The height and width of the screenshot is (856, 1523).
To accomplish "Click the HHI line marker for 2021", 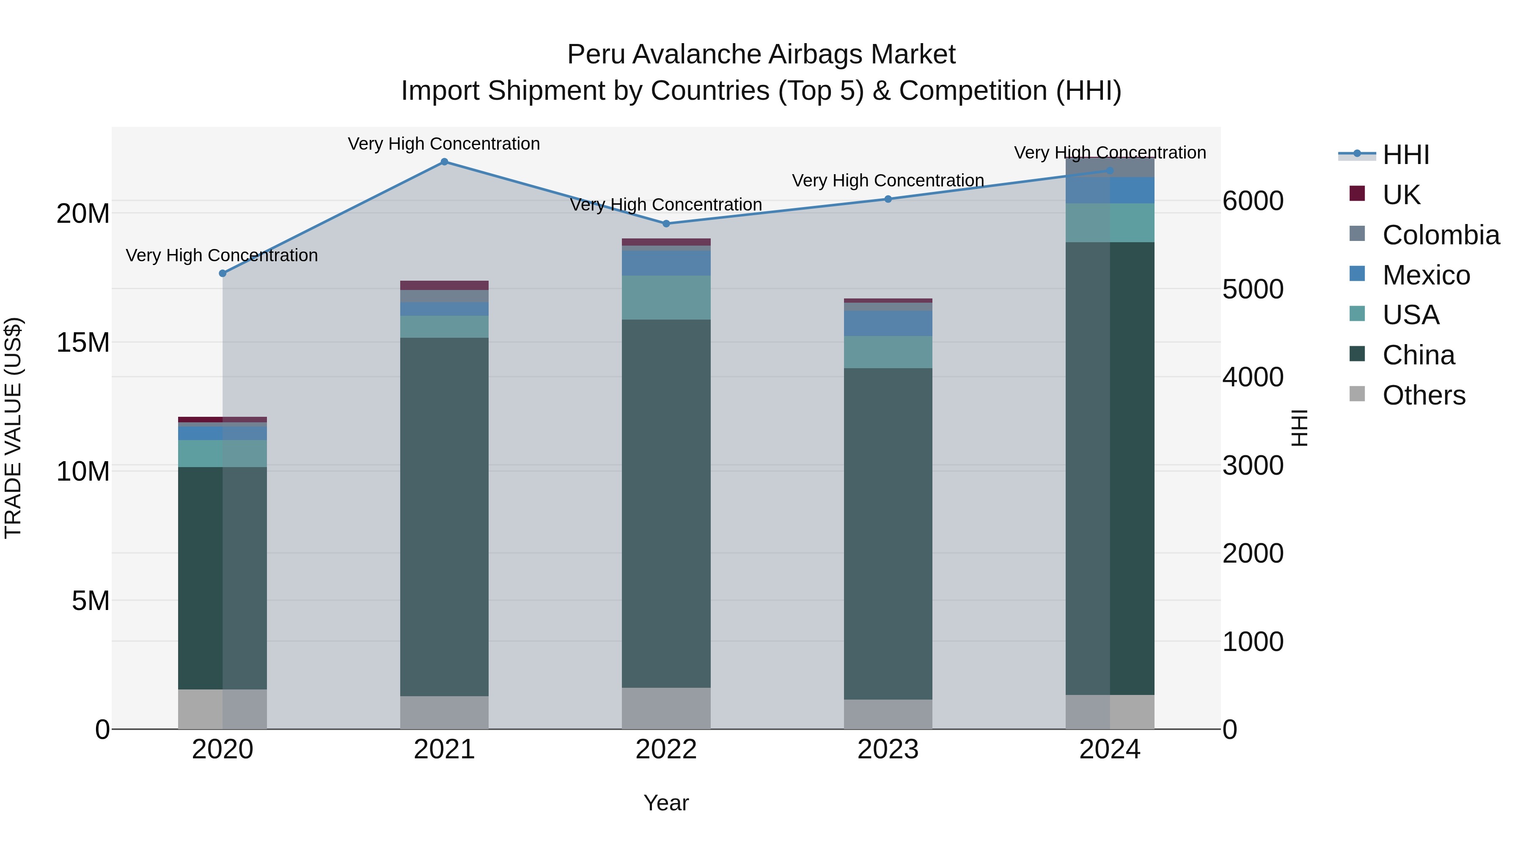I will click(444, 162).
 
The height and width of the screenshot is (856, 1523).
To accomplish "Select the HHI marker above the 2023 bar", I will click(888, 199).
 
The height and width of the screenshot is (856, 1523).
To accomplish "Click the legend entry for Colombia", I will click(1440, 235).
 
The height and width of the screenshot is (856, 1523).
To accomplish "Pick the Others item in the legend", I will click(1423, 395).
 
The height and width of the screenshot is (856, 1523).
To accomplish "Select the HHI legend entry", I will click(1405, 155).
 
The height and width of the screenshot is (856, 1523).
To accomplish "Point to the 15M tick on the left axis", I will click(83, 343).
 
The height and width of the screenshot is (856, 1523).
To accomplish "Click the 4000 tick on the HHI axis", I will click(1252, 377).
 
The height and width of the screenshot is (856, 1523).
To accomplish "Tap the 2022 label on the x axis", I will click(666, 749).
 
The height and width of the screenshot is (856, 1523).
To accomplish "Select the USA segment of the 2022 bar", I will click(666, 298).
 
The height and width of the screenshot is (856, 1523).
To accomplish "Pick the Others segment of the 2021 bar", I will click(444, 712).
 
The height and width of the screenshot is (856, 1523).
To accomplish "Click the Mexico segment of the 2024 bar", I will click(1109, 190).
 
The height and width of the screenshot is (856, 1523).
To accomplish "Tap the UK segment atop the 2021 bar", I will click(444, 285).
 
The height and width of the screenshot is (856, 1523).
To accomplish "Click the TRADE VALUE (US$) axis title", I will click(13, 428).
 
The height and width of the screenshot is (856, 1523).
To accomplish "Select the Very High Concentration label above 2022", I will click(666, 205).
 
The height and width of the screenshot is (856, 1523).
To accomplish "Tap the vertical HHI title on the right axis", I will click(1300, 428).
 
